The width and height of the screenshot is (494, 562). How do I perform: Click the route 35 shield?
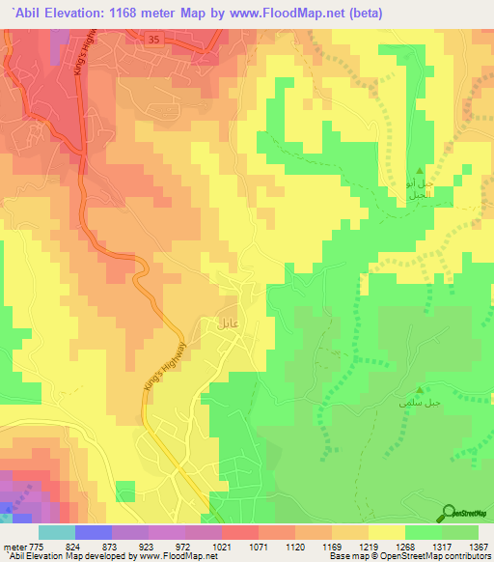click(x=154, y=39)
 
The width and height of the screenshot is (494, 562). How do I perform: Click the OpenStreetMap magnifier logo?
click(x=450, y=514)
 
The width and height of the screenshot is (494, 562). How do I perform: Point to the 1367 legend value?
click(x=479, y=547)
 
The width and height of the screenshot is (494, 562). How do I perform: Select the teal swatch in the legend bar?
click(x=56, y=532)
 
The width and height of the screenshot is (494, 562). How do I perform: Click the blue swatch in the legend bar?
click(x=93, y=532)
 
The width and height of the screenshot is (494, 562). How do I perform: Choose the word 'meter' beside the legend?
click(x=14, y=547)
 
